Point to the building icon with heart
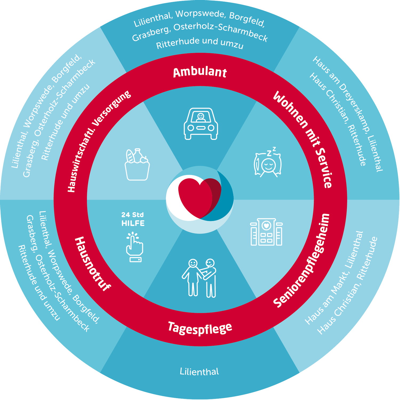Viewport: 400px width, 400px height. tap(266, 232)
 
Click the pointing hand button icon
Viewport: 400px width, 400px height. tap(135, 247)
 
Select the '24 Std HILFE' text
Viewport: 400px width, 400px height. tap(133, 219)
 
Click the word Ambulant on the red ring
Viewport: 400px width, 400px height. tap(200, 73)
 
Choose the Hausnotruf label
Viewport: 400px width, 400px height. tap(92, 264)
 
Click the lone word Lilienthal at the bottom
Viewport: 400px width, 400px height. tap(199, 371)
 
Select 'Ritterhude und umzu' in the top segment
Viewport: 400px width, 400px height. tap(199, 43)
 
